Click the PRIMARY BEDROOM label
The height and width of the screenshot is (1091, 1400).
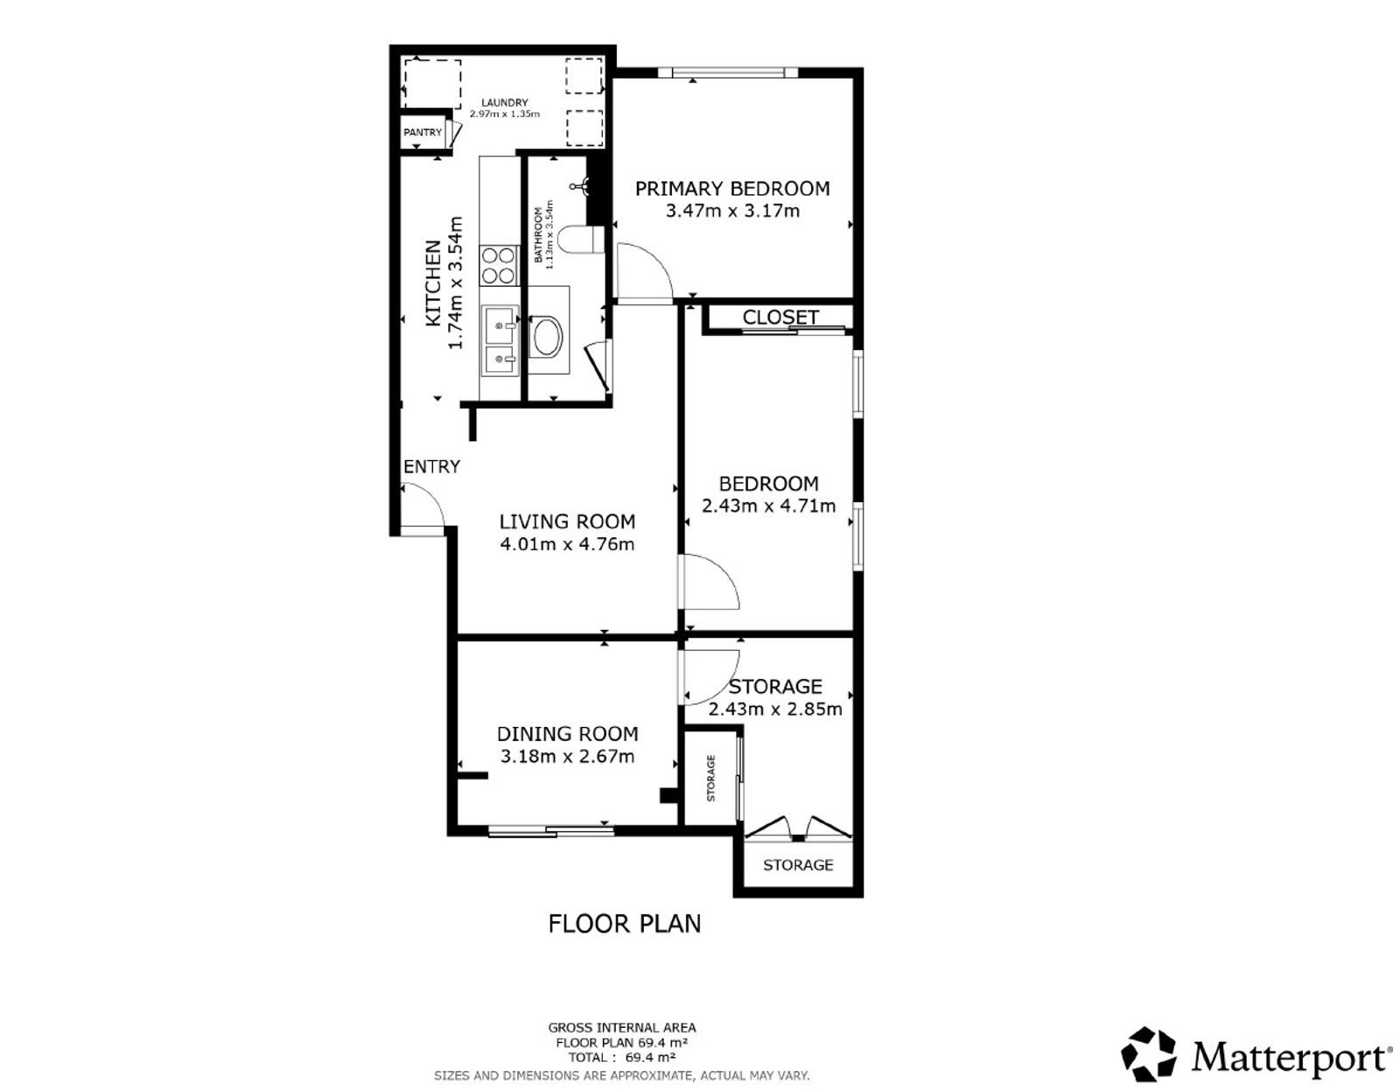[x=731, y=189]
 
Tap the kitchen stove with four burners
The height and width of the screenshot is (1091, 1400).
[x=499, y=265]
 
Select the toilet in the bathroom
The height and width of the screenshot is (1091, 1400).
[x=579, y=241]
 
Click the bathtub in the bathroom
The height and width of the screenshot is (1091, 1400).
[x=546, y=336]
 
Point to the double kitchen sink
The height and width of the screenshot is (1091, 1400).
[x=500, y=340]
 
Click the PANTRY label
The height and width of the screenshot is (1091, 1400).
[x=423, y=132]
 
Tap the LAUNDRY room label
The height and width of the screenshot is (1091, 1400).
[x=505, y=102]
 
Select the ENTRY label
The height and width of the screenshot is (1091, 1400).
[x=431, y=466]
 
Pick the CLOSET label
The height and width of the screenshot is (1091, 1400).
[x=780, y=318]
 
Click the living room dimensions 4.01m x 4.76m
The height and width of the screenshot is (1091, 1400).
[x=567, y=544]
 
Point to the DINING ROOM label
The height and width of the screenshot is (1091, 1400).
[x=567, y=733]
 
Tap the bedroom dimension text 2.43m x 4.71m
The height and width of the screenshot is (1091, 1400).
[x=768, y=507]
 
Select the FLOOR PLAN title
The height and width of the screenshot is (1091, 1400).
[x=624, y=924]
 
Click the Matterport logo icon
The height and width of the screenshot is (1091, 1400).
[x=1149, y=1053]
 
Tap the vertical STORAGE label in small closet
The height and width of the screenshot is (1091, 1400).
[x=710, y=778]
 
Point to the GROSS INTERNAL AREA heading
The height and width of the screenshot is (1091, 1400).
[x=622, y=1028]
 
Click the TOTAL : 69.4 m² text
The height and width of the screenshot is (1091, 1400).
[x=622, y=1058]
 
